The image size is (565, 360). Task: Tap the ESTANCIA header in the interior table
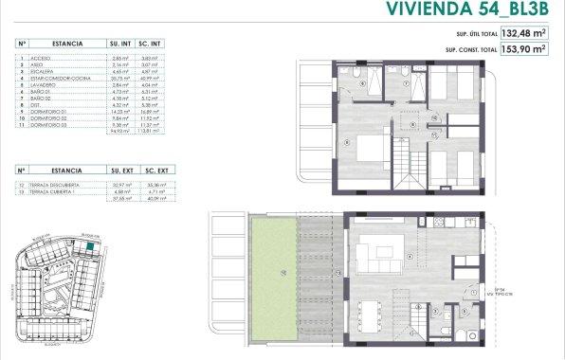coord(68,44)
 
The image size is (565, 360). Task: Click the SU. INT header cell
coord(120,44)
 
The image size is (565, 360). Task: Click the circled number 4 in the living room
coord(409,256)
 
